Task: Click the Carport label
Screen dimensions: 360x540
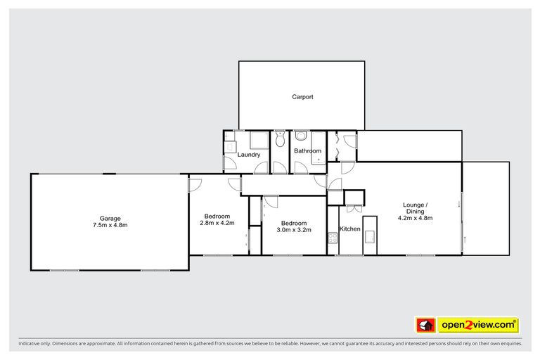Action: coord(302,97)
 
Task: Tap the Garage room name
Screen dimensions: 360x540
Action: coord(109,217)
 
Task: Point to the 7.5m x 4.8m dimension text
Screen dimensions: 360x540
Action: coord(109,225)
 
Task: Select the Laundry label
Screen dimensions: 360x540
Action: coord(249,155)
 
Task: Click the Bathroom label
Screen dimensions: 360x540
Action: coord(307,151)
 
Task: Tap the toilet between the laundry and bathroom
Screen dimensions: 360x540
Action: coord(279,140)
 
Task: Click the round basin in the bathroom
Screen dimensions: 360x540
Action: coord(300,136)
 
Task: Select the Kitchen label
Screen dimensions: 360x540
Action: coord(350,229)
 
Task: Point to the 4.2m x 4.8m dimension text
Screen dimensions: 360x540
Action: coord(415,218)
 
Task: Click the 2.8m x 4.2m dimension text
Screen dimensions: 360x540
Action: coord(217,223)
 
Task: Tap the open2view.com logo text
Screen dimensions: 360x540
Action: coord(478,325)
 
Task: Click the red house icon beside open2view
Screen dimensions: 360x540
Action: coord(425,325)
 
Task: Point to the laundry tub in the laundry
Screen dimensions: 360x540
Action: coord(230,146)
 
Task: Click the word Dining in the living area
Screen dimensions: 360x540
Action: coord(415,212)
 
